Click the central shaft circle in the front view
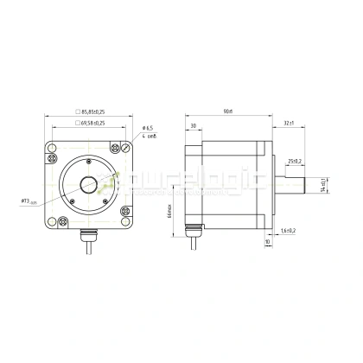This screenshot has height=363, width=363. click(89, 183)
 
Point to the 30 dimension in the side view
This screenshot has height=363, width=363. click(192, 126)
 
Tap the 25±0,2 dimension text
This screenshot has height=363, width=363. click(292, 161)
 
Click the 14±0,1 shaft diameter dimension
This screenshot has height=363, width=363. click(322, 183)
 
